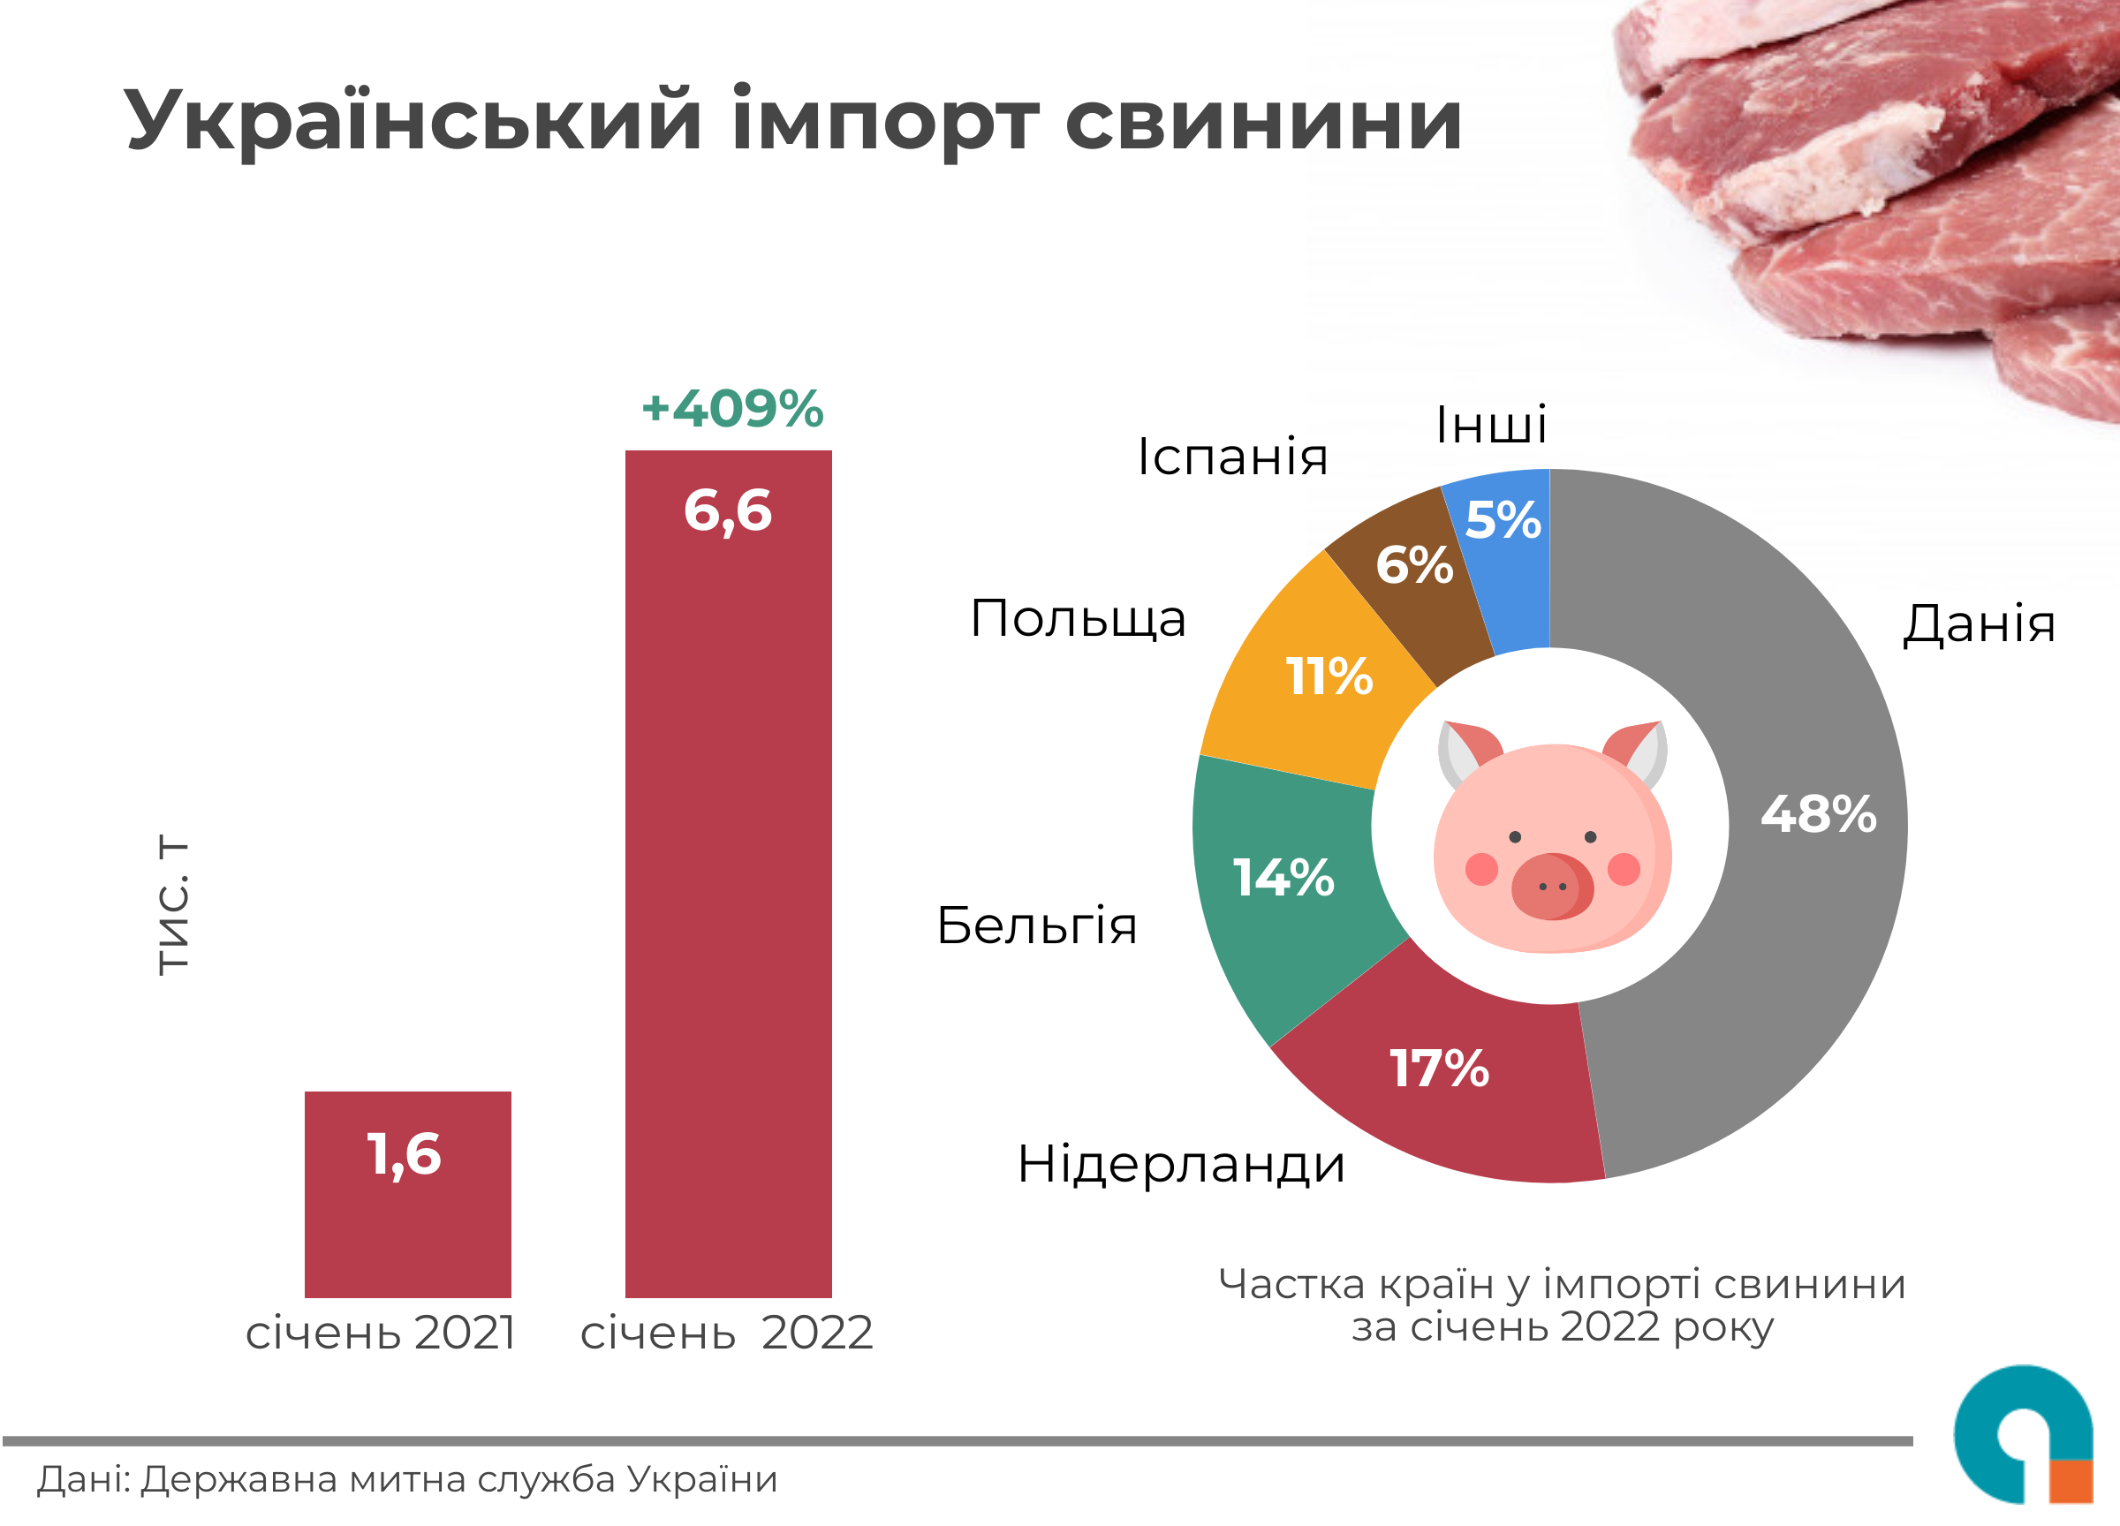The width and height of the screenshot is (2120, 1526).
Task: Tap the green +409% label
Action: pos(732,409)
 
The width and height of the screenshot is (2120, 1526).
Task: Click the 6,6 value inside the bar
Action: pos(728,511)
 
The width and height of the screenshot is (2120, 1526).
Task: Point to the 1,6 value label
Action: pos(404,1154)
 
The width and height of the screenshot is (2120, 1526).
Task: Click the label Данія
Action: pos(1979,623)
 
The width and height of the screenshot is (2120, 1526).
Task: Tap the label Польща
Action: pos(1078,619)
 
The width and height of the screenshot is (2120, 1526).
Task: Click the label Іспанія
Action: pos(1232,457)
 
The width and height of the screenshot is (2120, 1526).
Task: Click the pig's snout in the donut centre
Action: pos(1552,886)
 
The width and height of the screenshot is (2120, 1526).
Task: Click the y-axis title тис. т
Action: pos(174,905)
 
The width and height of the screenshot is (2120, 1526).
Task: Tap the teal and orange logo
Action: pos(2024,1435)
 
